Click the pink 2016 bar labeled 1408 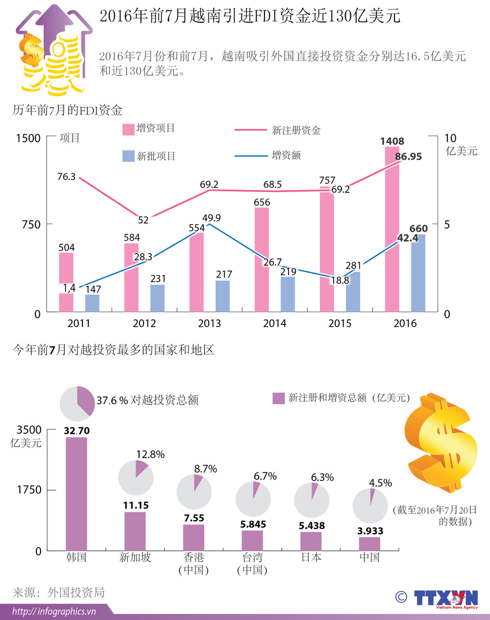(392, 230)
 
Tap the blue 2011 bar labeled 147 (92, 303)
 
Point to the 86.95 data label (408, 157)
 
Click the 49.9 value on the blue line (211, 218)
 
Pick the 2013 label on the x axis (209, 323)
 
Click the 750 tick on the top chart (31, 225)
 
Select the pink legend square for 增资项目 (128, 129)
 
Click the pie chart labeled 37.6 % (77, 404)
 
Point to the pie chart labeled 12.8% (136, 477)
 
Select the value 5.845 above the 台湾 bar (253, 524)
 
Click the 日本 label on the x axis (311, 557)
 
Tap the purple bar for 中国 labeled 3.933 (369, 544)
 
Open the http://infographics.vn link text (54, 611)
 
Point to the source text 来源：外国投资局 (59, 593)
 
